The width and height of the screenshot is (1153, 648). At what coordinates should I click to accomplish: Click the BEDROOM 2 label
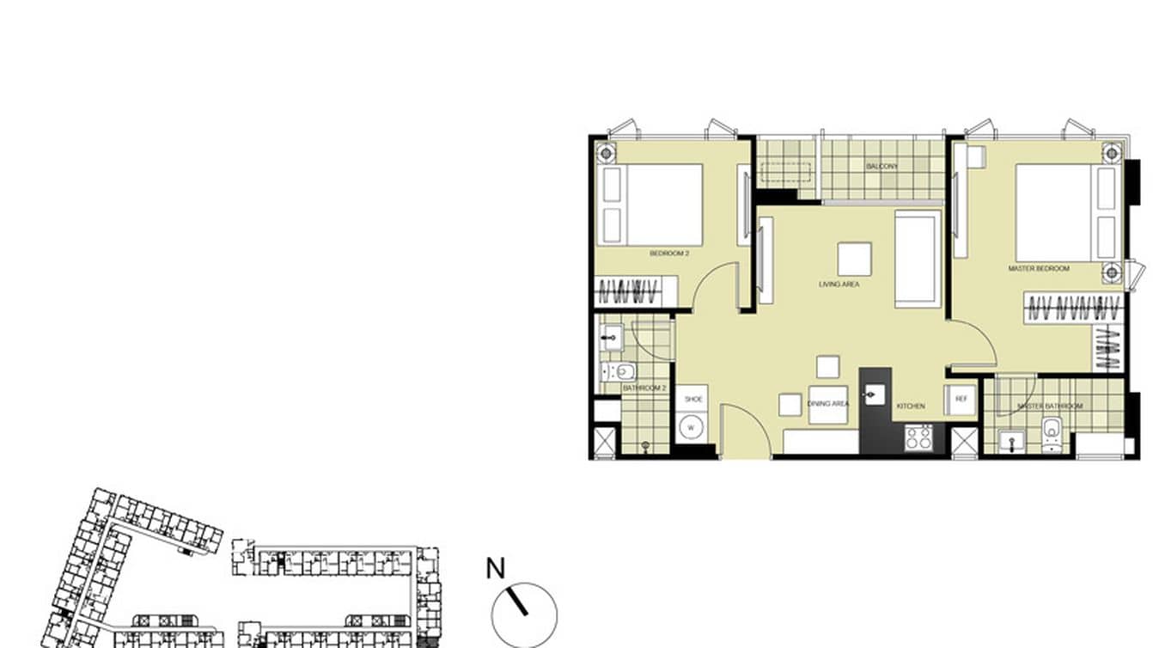669,254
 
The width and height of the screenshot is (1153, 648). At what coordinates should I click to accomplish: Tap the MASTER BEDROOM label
1038,269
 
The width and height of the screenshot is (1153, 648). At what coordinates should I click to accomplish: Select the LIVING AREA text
839,284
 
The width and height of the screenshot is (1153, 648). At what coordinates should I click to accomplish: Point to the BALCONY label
882,166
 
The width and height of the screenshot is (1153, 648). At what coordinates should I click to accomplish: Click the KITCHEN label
911,406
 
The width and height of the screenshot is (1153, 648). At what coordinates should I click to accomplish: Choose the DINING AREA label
827,403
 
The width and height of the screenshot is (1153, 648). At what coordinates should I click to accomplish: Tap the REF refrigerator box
961,400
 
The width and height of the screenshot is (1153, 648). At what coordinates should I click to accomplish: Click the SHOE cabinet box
692,400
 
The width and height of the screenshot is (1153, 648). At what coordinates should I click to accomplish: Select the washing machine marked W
691,428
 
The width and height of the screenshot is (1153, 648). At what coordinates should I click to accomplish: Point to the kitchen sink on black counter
875,395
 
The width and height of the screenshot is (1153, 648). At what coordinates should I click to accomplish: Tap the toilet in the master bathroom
1051,434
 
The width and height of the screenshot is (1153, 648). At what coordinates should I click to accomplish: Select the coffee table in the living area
854,259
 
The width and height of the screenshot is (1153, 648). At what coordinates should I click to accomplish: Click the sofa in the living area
917,258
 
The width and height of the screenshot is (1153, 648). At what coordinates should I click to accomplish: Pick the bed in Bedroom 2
652,205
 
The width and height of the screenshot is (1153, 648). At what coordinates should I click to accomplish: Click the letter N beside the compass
495,569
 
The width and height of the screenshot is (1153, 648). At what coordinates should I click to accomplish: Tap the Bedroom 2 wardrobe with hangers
635,291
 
